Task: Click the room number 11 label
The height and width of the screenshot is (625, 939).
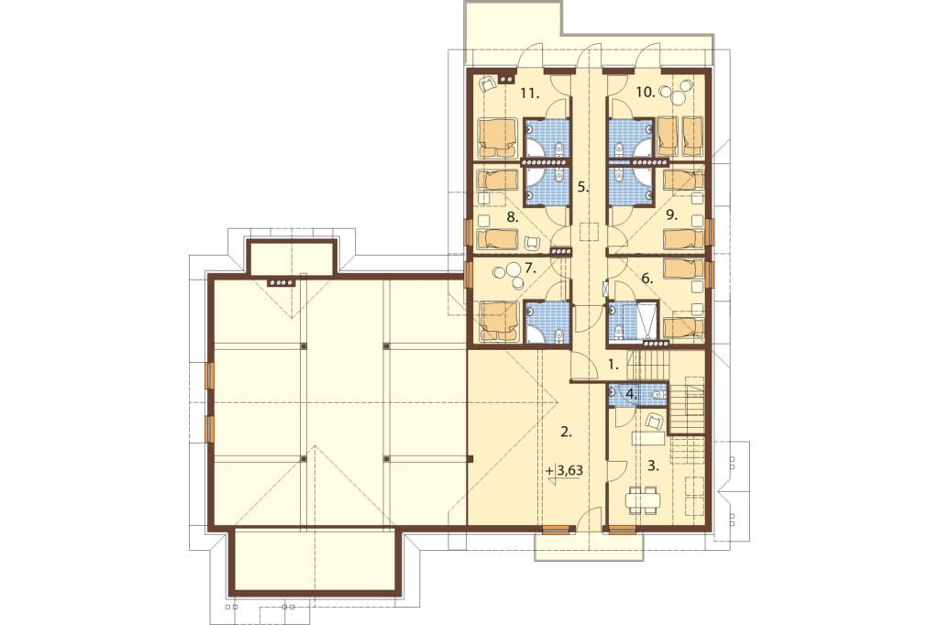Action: tap(530, 93)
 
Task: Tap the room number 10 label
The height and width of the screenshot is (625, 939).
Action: tap(645, 92)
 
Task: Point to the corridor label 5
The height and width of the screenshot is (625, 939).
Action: tap(583, 187)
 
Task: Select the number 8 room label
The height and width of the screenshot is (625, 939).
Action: tap(512, 216)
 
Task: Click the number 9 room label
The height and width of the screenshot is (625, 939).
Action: tap(672, 216)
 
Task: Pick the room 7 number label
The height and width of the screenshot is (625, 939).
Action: tap(529, 268)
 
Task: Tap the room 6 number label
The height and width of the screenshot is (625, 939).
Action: tap(646, 278)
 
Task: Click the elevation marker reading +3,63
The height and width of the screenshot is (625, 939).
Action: tap(564, 470)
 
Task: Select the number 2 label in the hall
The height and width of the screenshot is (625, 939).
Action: tap(566, 432)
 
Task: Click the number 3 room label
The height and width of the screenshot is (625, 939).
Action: tap(653, 466)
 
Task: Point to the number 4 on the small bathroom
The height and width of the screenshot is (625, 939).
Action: tap(631, 394)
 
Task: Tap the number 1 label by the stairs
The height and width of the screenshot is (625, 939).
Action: tap(613, 364)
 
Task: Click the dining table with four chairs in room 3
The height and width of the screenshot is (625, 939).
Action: tap(643, 500)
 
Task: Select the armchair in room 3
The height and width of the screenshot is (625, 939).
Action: tap(654, 422)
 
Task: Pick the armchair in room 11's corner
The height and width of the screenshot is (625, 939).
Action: tap(488, 84)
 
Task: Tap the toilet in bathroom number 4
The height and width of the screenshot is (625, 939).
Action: tap(658, 394)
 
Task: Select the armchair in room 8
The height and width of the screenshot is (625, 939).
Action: tap(532, 243)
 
